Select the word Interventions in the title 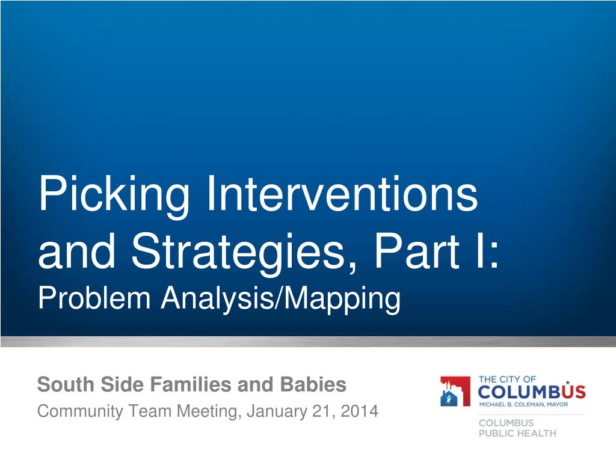click(x=342, y=194)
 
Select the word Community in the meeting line click(x=80, y=411)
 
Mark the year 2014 click(x=360, y=411)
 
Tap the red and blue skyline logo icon click(x=455, y=391)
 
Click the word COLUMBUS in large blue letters click(x=532, y=392)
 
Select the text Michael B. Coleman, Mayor click(x=523, y=404)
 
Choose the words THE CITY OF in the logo click(x=507, y=379)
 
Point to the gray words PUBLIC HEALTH click(x=517, y=433)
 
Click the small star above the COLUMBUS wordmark click(x=567, y=382)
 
